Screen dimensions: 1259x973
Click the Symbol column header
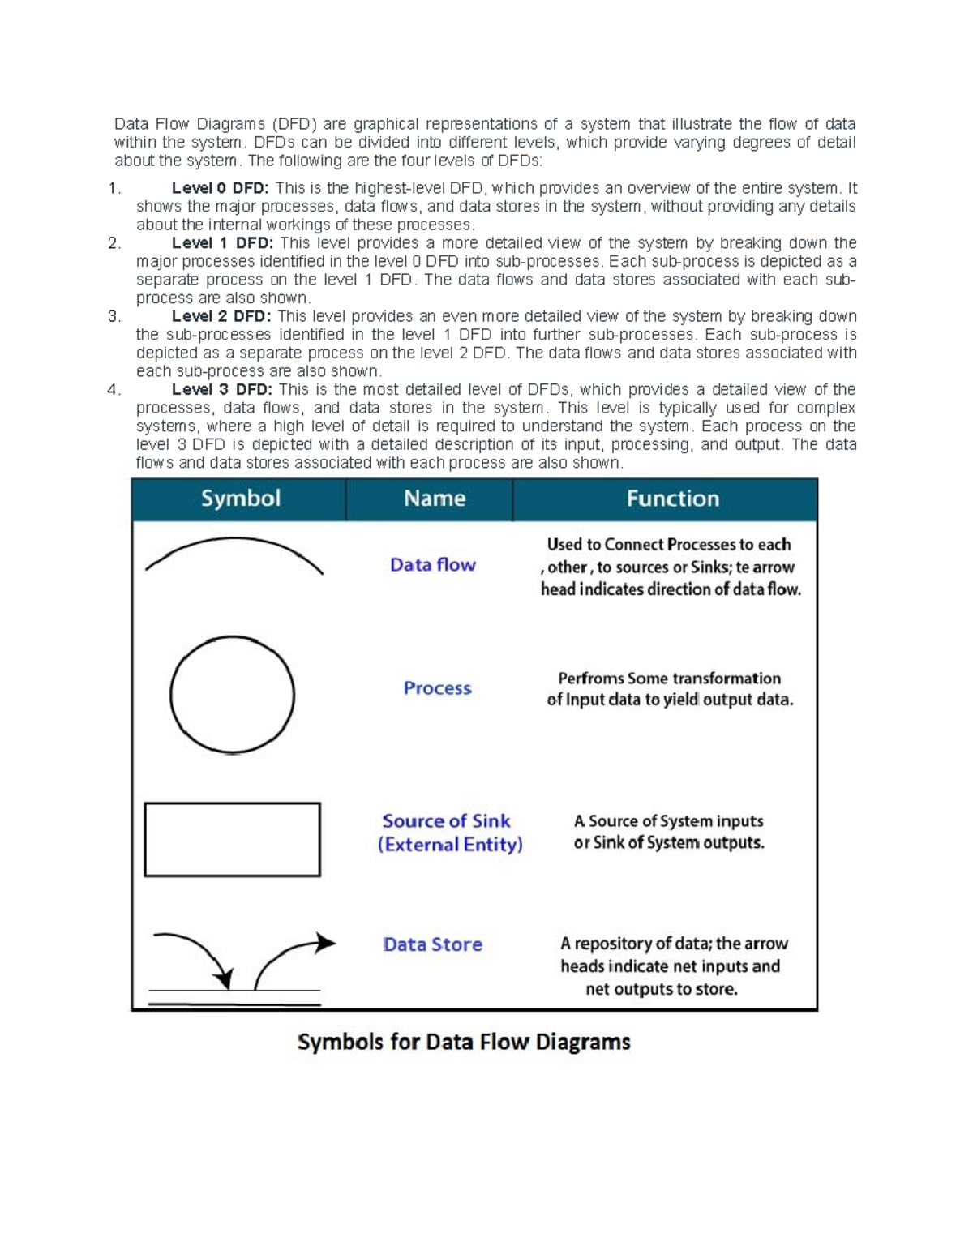tap(240, 499)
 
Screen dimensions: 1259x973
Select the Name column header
tap(435, 499)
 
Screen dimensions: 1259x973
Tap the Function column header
tap(672, 499)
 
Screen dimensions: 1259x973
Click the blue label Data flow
tap(432, 565)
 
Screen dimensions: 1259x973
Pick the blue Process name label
tap(437, 688)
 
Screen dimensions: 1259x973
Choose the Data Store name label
tap(432, 944)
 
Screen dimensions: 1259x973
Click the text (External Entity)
tap(450, 845)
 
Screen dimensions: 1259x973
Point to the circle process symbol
tap(232, 696)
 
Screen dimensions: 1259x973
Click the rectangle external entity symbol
tap(232, 839)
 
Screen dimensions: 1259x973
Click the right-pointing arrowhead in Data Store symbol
tap(326, 942)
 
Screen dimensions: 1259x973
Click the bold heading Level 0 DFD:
tap(220, 188)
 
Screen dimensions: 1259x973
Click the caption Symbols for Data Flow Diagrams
tap(464, 1042)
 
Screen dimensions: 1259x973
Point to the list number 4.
tap(114, 390)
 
